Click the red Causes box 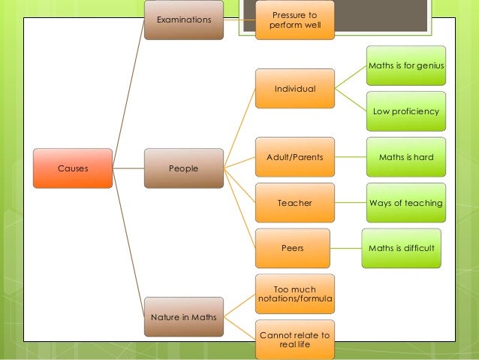tap(73, 168)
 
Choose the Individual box tap(294, 89)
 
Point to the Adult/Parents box tap(294, 157)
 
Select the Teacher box tap(294, 203)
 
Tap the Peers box tap(294, 247)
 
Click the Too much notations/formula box tap(294, 294)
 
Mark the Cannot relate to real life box tap(294, 339)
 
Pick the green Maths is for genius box tap(406, 67)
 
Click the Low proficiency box tap(406, 111)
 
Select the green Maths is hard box tap(406, 157)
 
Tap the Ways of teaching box tap(406, 203)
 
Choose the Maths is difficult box tap(401, 247)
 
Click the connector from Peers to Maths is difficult tap(347, 247)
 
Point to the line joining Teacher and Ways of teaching tap(349, 203)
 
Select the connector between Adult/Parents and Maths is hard tap(349, 157)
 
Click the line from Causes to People tap(128, 168)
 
